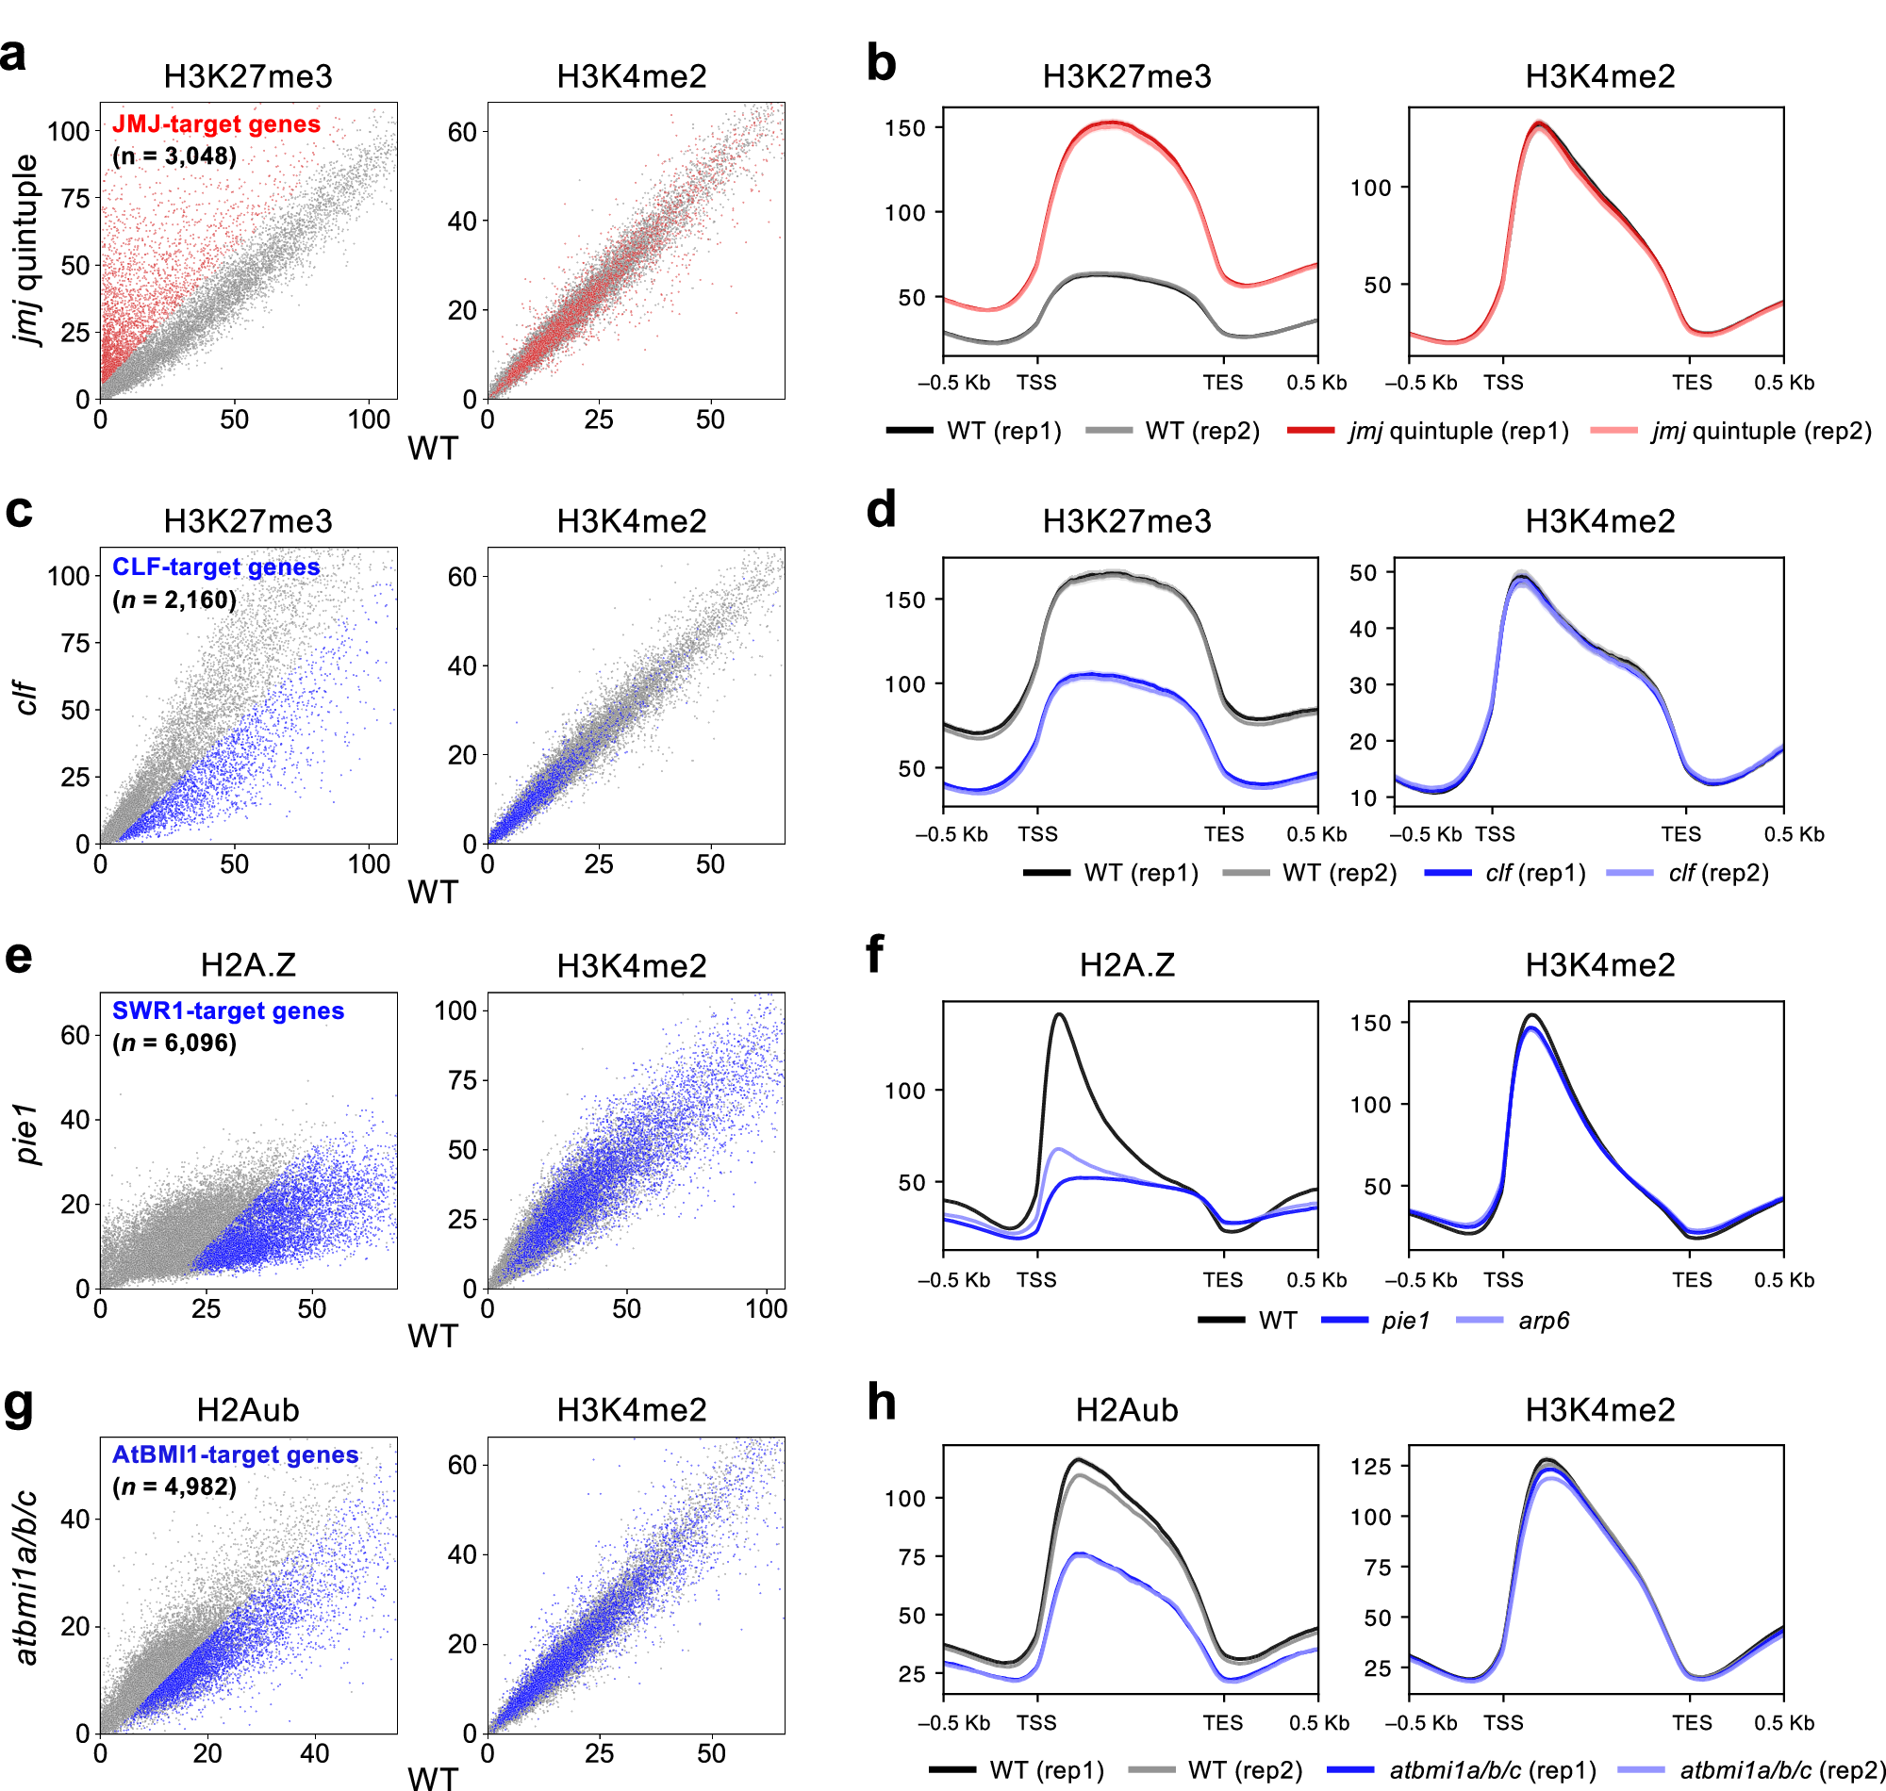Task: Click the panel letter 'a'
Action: pos(13,56)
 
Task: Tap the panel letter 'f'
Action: pos(874,953)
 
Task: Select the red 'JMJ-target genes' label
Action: pos(216,124)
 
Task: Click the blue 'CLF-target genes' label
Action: pos(216,567)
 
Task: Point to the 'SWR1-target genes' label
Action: pos(227,1011)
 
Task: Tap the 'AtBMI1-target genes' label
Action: pos(235,1454)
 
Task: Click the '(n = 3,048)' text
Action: pos(174,156)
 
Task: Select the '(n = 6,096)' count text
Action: pos(174,1043)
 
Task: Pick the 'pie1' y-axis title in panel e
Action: pos(26,1134)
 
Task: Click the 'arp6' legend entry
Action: pos(1543,1321)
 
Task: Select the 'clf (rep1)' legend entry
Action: pos(1534,873)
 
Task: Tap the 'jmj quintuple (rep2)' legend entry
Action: pos(1761,431)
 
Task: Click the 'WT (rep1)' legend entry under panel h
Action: pos(1047,1770)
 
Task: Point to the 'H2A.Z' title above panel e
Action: pos(248,965)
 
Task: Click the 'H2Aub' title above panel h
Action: pos(1127,1410)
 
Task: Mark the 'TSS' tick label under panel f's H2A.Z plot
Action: pos(1036,1279)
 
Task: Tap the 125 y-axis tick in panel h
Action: pos(1370,1466)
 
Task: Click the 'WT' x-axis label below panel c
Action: pos(433,892)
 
